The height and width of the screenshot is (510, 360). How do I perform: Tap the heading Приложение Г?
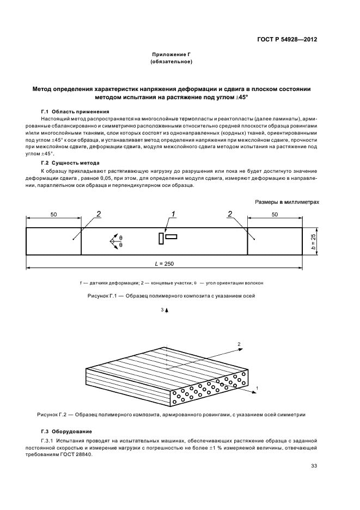[x=172, y=55]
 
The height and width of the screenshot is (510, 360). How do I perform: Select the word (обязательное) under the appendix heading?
[x=172, y=62]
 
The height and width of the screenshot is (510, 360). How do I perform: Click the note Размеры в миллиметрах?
[x=287, y=202]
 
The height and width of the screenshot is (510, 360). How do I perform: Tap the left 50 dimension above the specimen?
[x=53, y=215]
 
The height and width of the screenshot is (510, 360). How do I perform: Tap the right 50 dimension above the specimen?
[x=275, y=215]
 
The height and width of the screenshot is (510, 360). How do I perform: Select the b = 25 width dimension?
[x=314, y=240]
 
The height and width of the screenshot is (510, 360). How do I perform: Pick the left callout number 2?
[x=99, y=214]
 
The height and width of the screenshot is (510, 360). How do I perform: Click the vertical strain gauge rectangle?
[x=161, y=239]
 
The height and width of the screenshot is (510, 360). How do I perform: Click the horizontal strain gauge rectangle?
[x=172, y=236]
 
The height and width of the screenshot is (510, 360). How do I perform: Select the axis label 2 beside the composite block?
[x=239, y=344]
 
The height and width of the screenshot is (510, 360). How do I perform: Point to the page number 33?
[x=314, y=465]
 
